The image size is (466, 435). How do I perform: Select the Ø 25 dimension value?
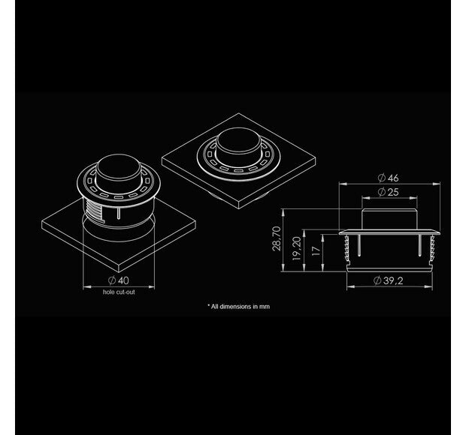(x=388, y=193)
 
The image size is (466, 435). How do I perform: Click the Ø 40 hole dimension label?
(x=120, y=280)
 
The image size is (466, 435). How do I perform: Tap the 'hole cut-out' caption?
(x=120, y=290)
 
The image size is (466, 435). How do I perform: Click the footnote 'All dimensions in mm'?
(x=238, y=306)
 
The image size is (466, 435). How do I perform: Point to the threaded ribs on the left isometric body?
(x=91, y=205)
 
